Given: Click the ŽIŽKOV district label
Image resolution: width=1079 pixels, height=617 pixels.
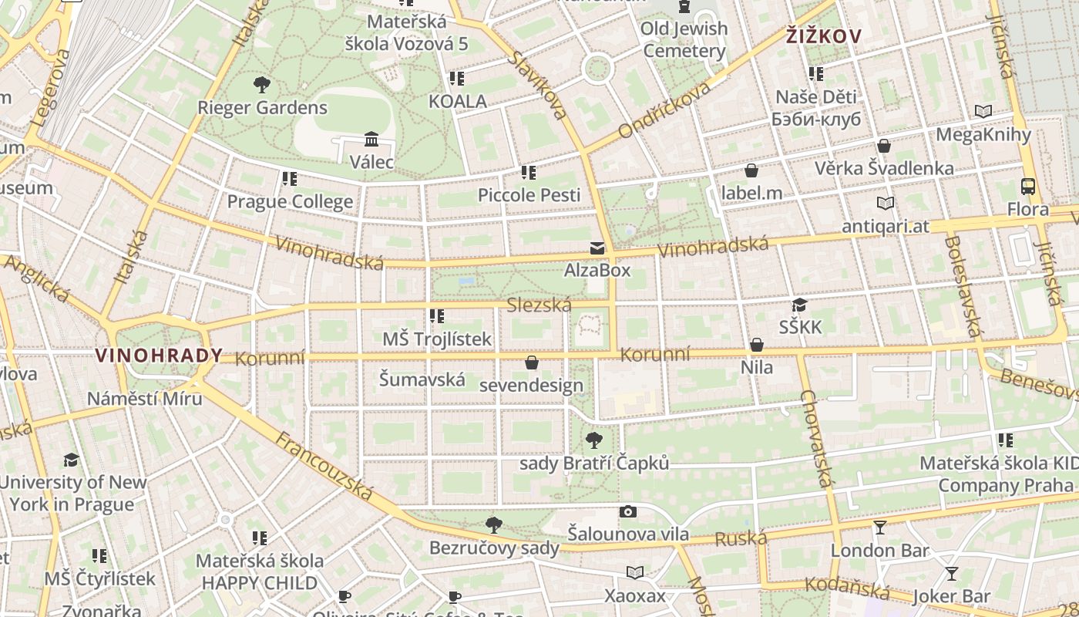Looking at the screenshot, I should click(824, 35).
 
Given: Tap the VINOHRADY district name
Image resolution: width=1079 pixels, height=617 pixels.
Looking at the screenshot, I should click(159, 356).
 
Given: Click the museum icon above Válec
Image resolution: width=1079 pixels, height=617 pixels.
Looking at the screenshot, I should click(371, 140).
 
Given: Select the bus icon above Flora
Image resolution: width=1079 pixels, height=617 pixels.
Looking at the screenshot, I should click(1028, 186).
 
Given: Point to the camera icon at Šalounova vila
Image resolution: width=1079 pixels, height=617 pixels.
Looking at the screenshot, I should click(628, 511).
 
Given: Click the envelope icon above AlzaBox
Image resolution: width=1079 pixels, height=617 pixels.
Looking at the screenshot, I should click(597, 248).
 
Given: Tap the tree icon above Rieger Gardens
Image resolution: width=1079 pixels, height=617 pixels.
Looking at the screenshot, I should click(262, 84).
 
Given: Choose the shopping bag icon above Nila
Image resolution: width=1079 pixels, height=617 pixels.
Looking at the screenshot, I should click(757, 345).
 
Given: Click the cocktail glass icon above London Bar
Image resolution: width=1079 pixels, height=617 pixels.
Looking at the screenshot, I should click(879, 528).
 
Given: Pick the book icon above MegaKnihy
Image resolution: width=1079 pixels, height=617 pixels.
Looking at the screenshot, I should click(983, 112).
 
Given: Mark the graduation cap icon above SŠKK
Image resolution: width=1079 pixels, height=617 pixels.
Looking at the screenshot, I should click(799, 305).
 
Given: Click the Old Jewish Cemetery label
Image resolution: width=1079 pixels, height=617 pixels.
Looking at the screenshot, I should click(684, 40).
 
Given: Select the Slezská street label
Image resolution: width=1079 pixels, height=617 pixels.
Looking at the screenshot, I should click(539, 305).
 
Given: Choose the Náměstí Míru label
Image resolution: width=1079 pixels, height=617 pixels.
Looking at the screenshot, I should click(144, 399).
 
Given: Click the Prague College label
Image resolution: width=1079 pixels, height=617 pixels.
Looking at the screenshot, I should click(290, 202).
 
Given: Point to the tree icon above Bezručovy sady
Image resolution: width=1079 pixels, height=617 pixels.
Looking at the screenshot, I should click(494, 525).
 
